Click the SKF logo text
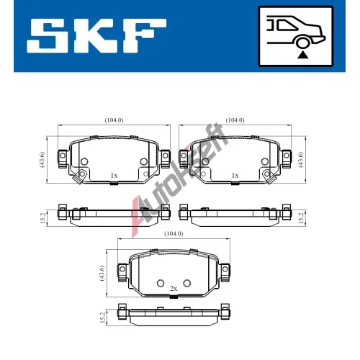point(96,36)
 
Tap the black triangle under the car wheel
point(302,55)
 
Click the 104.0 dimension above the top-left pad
point(114,120)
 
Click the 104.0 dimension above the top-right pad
point(235,120)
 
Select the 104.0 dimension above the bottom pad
point(174,233)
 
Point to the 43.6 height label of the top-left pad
point(42,160)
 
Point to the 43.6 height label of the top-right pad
point(301,160)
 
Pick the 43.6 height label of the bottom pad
point(102,273)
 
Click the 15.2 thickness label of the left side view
point(42,218)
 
